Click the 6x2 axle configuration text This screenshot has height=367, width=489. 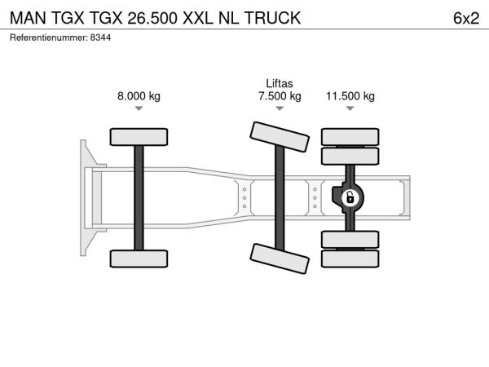(466, 18)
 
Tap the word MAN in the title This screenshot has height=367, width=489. (28, 18)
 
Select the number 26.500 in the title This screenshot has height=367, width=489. (152, 18)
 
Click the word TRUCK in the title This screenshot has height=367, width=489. (272, 18)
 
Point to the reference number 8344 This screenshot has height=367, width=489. (100, 38)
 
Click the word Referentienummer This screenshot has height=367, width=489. (49, 38)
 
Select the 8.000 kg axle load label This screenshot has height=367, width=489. (139, 95)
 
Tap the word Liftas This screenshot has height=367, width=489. (280, 83)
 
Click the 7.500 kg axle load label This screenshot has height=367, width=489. (280, 95)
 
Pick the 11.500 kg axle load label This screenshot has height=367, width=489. (350, 95)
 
